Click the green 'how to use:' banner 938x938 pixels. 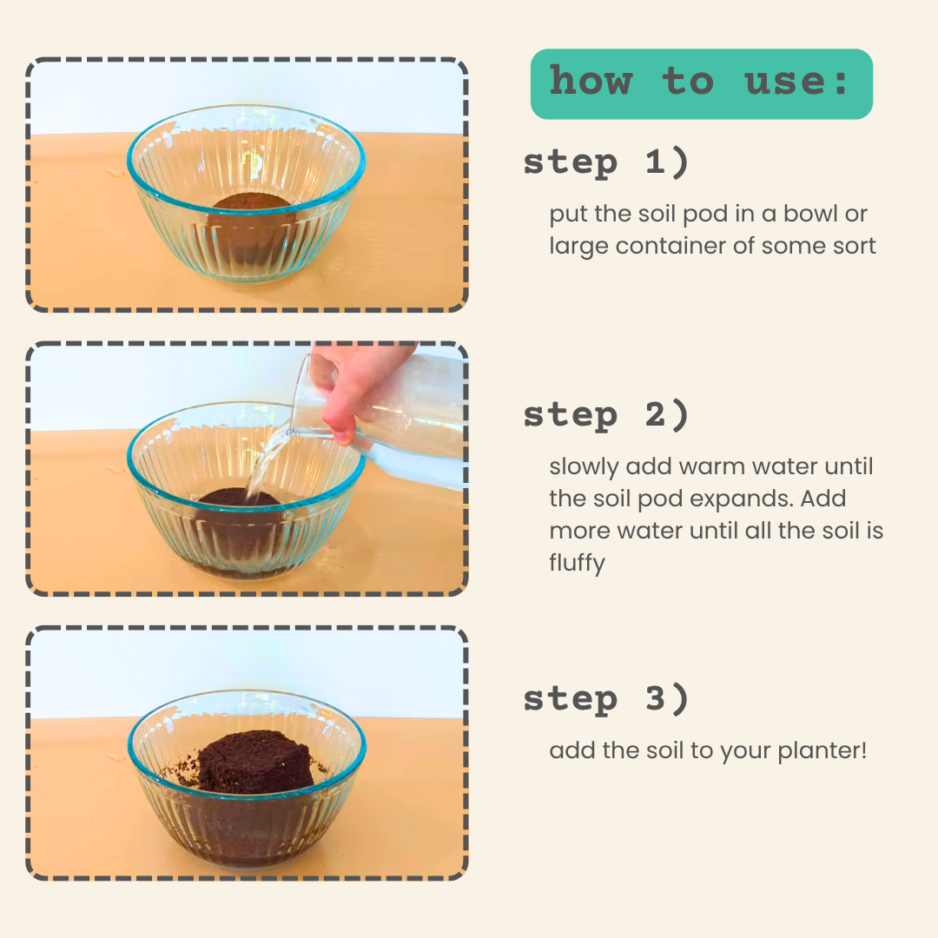pos(701,83)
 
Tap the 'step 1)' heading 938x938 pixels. pos(606,162)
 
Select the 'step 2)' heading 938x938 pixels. pos(606,415)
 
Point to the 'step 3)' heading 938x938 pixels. pos(606,698)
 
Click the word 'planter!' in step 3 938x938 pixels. pos(822,751)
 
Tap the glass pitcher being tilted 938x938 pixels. pos(383,413)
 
